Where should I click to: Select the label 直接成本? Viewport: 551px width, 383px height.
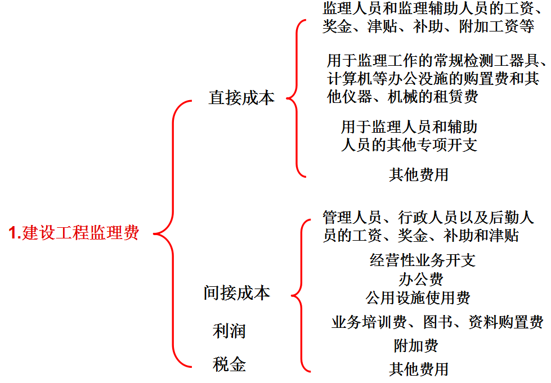click(x=241, y=98)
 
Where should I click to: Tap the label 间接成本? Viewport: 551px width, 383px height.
click(x=237, y=293)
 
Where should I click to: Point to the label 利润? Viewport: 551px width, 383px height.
click(x=229, y=331)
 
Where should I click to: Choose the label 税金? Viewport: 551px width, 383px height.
click(x=229, y=364)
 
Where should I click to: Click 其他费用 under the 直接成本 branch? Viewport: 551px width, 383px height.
click(x=419, y=174)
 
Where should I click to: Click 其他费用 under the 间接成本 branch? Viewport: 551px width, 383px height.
click(x=419, y=369)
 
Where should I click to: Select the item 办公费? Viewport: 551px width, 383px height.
click(x=420, y=279)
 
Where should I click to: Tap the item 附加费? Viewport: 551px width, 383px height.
click(x=416, y=345)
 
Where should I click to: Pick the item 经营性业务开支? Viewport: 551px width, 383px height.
click(x=423, y=260)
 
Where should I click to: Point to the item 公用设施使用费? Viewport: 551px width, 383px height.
click(x=418, y=297)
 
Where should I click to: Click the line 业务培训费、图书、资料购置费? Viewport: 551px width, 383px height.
click(x=437, y=322)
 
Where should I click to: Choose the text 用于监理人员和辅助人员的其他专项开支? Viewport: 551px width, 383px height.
click(x=409, y=136)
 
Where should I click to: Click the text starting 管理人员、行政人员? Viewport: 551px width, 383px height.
click(x=428, y=226)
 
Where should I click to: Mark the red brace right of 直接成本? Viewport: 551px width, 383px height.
click(x=297, y=98)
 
